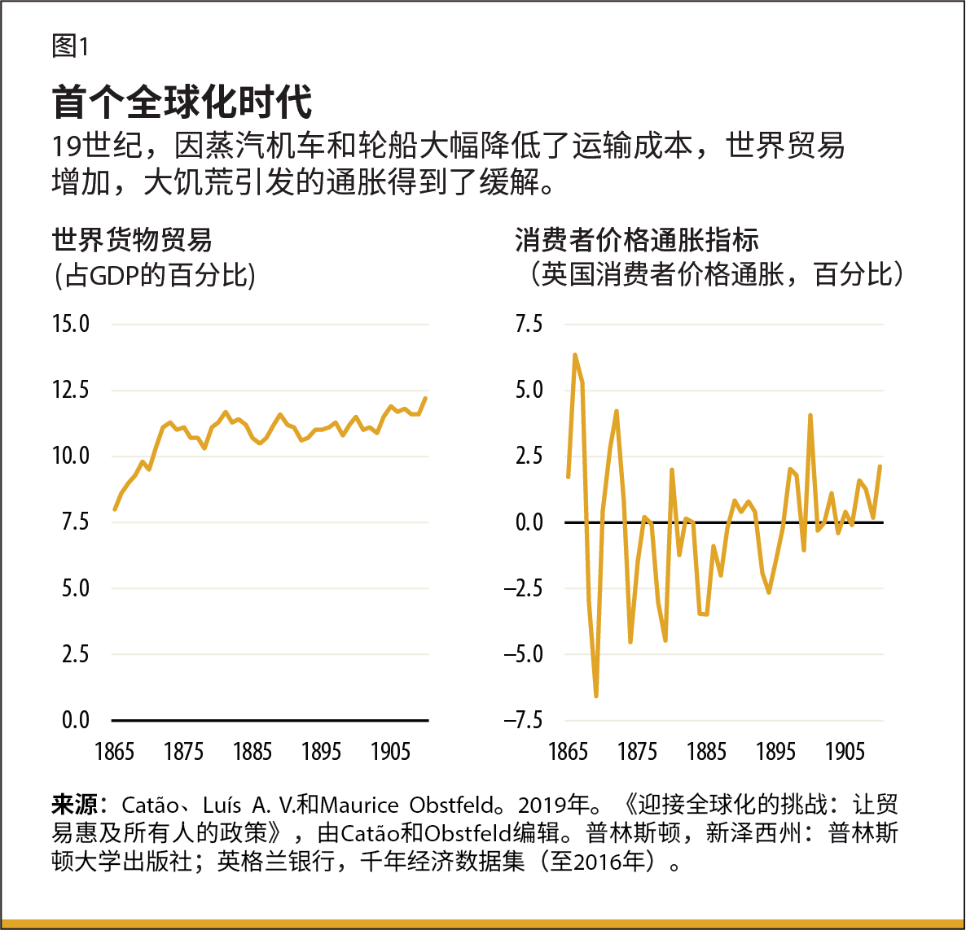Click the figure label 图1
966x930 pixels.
tap(70, 46)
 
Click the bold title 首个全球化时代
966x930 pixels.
tap(182, 102)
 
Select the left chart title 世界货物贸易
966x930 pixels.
tap(132, 240)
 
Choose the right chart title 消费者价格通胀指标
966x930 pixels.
tap(637, 240)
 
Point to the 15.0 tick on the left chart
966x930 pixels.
tap(71, 324)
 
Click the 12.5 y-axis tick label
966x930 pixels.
tap(71, 390)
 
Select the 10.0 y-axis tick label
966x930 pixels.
tap(71, 456)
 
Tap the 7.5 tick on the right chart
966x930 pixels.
tap(529, 324)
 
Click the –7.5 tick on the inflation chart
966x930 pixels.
tap(522, 720)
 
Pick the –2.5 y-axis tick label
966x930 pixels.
tap(522, 588)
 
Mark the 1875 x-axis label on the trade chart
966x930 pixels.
tap(183, 751)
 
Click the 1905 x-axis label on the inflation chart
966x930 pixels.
tap(845, 751)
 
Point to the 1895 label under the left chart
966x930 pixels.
tap(321, 751)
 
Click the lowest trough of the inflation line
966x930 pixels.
tap(596, 696)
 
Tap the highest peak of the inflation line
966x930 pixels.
tap(575, 356)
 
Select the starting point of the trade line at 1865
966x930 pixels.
tap(115, 509)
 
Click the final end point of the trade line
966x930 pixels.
tap(425, 398)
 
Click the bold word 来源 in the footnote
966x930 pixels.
tap(74, 806)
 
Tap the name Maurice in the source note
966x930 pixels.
tap(360, 806)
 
